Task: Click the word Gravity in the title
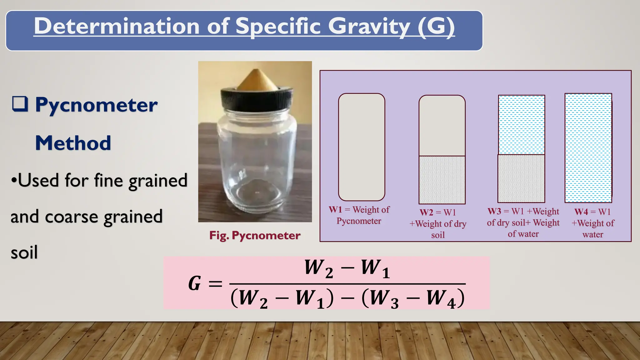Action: point(369,26)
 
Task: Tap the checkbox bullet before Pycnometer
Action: point(20,104)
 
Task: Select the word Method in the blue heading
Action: point(73,143)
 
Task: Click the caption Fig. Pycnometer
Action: point(255,235)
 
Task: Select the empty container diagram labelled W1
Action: point(362,147)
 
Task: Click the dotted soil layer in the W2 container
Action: point(442,180)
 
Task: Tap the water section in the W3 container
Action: point(521,125)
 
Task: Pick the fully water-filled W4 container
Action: point(588,148)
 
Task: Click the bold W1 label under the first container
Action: point(335,210)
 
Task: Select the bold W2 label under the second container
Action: point(426,212)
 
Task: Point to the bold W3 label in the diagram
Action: point(494,212)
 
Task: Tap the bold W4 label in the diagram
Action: point(581,212)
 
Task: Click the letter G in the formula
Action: point(194,283)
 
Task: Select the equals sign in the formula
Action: point(215,284)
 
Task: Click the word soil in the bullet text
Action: point(24,252)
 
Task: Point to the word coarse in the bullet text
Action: point(72,217)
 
